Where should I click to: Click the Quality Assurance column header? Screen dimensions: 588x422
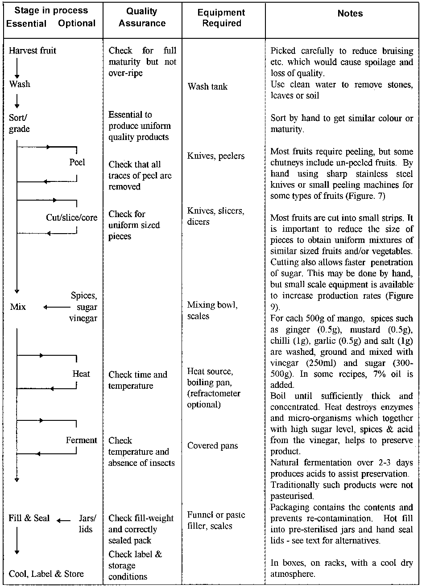coord(142,18)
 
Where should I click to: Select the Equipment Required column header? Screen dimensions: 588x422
coord(221,18)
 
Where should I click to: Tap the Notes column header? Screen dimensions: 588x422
coord(350,14)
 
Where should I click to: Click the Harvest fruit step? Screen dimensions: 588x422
coord(33,51)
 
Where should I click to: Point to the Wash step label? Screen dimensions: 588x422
coord(20,84)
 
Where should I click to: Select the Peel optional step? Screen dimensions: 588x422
coord(77,162)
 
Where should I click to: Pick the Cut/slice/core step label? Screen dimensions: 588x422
coord(71,218)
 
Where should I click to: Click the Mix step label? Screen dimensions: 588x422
coord(18,307)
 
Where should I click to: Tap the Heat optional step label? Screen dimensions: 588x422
coord(81,374)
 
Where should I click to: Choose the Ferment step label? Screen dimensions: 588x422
coord(81,440)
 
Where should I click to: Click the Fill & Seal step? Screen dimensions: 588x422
coord(29,518)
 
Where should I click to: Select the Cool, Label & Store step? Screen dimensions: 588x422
coord(46,574)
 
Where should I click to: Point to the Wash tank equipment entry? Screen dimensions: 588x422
coord(207,86)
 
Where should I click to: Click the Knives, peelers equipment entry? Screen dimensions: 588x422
coord(217,156)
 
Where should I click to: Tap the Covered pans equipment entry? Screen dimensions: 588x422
coord(213,446)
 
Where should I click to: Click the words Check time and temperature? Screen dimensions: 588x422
coord(137,380)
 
